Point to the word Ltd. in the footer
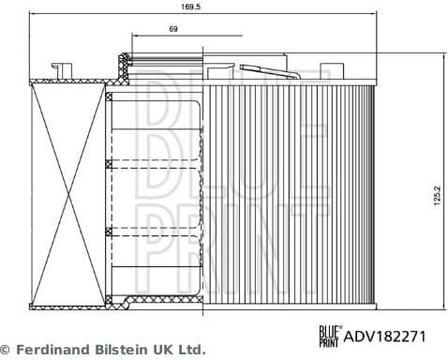click(190, 350)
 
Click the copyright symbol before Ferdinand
click(6, 350)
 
